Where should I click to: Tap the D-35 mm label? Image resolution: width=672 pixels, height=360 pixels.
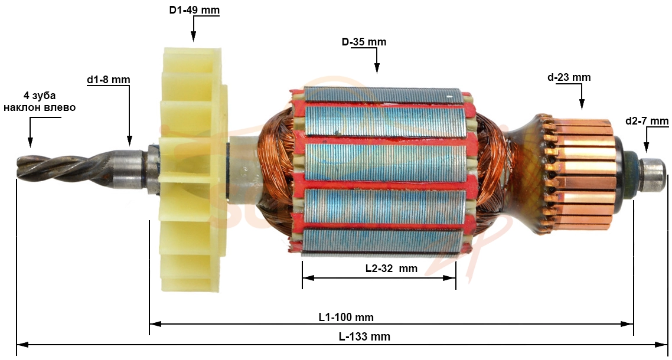click(x=363, y=42)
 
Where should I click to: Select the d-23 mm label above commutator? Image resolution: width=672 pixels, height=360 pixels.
click(x=569, y=77)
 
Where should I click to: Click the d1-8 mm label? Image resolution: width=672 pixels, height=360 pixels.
click(x=108, y=80)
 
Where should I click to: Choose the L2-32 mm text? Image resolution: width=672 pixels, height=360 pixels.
click(x=391, y=269)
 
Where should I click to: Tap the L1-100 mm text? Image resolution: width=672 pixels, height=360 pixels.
click(x=346, y=318)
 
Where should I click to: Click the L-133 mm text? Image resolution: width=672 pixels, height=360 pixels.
click(x=364, y=337)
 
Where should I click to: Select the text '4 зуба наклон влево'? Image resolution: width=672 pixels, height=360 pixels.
click(x=40, y=101)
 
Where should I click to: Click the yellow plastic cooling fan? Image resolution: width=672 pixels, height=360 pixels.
click(x=193, y=170)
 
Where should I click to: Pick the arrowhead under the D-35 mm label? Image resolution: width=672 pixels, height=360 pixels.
click(x=377, y=68)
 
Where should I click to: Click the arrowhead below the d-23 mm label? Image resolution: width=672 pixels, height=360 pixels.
click(x=582, y=104)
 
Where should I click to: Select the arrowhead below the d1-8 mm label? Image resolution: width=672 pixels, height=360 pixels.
click(x=129, y=140)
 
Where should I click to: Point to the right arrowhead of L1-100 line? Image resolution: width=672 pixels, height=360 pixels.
click(x=628, y=324)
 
